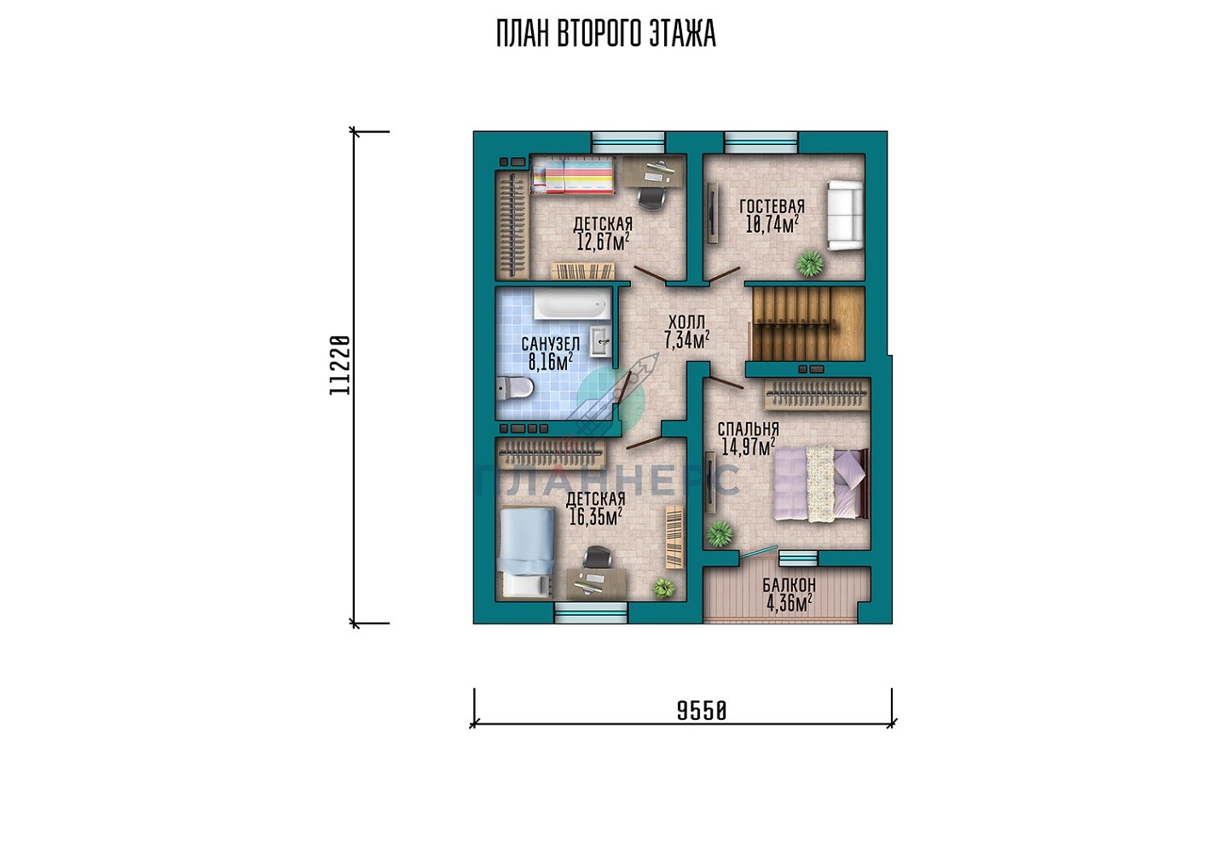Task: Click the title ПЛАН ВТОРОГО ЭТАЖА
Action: (x=606, y=34)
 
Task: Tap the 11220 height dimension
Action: (x=340, y=365)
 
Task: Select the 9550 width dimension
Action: (x=701, y=711)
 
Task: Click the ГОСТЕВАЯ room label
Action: (x=772, y=206)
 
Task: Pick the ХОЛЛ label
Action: (x=686, y=322)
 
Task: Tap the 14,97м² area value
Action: (x=748, y=447)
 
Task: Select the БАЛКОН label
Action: (x=790, y=585)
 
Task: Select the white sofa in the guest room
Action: (x=845, y=216)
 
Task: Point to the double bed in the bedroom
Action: (x=821, y=484)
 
